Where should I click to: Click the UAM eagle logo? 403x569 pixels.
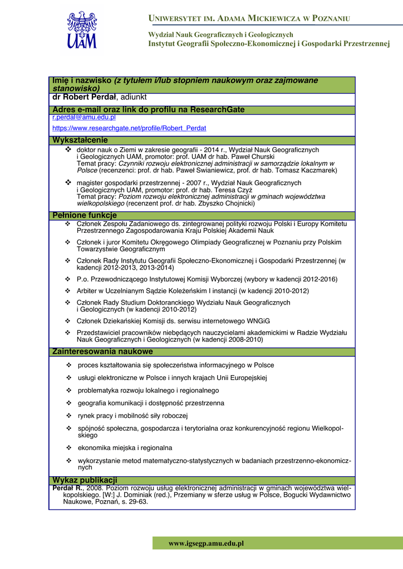[x=82, y=31]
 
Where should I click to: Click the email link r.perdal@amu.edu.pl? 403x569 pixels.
[x=84, y=117]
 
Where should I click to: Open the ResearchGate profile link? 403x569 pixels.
[x=129, y=128]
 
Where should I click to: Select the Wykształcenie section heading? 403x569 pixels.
[x=80, y=140]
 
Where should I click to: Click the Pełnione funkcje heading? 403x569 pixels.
[x=84, y=215]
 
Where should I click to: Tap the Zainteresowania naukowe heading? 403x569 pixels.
[x=102, y=352]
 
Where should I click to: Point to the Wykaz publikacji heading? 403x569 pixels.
[x=84, y=480]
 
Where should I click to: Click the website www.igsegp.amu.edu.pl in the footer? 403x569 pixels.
[x=206, y=543]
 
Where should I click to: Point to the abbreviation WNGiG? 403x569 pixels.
[x=255, y=321]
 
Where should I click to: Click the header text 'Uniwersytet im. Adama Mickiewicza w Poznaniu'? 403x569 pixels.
[x=249, y=19]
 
